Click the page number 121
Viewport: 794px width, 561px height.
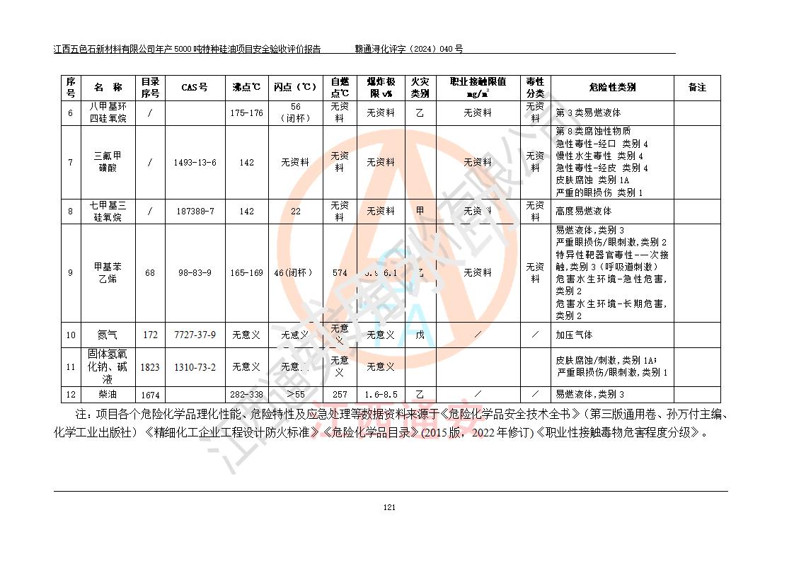click(x=389, y=507)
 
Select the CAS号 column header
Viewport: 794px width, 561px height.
click(x=195, y=88)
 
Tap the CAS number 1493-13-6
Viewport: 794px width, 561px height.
click(x=195, y=163)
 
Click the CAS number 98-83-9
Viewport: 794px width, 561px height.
click(x=195, y=273)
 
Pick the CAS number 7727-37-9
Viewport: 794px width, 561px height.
click(x=195, y=335)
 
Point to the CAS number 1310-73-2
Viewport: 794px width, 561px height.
click(x=195, y=367)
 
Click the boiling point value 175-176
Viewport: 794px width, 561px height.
click(x=246, y=113)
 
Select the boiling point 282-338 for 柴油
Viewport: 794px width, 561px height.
click(x=246, y=395)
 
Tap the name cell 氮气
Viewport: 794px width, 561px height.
click(x=107, y=335)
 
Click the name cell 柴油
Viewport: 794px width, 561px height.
click(x=107, y=395)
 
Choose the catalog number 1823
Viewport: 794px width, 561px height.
click(x=150, y=367)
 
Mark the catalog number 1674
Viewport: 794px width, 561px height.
click(x=150, y=395)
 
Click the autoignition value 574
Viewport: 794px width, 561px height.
click(x=340, y=273)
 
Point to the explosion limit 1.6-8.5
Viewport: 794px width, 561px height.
click(x=380, y=395)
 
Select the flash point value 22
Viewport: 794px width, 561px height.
click(x=296, y=212)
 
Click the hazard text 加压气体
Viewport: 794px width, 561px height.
click(x=574, y=335)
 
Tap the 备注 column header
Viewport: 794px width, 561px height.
click(x=697, y=88)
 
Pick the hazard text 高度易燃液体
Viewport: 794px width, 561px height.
click(x=584, y=212)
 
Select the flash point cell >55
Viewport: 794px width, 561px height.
click(x=296, y=395)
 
